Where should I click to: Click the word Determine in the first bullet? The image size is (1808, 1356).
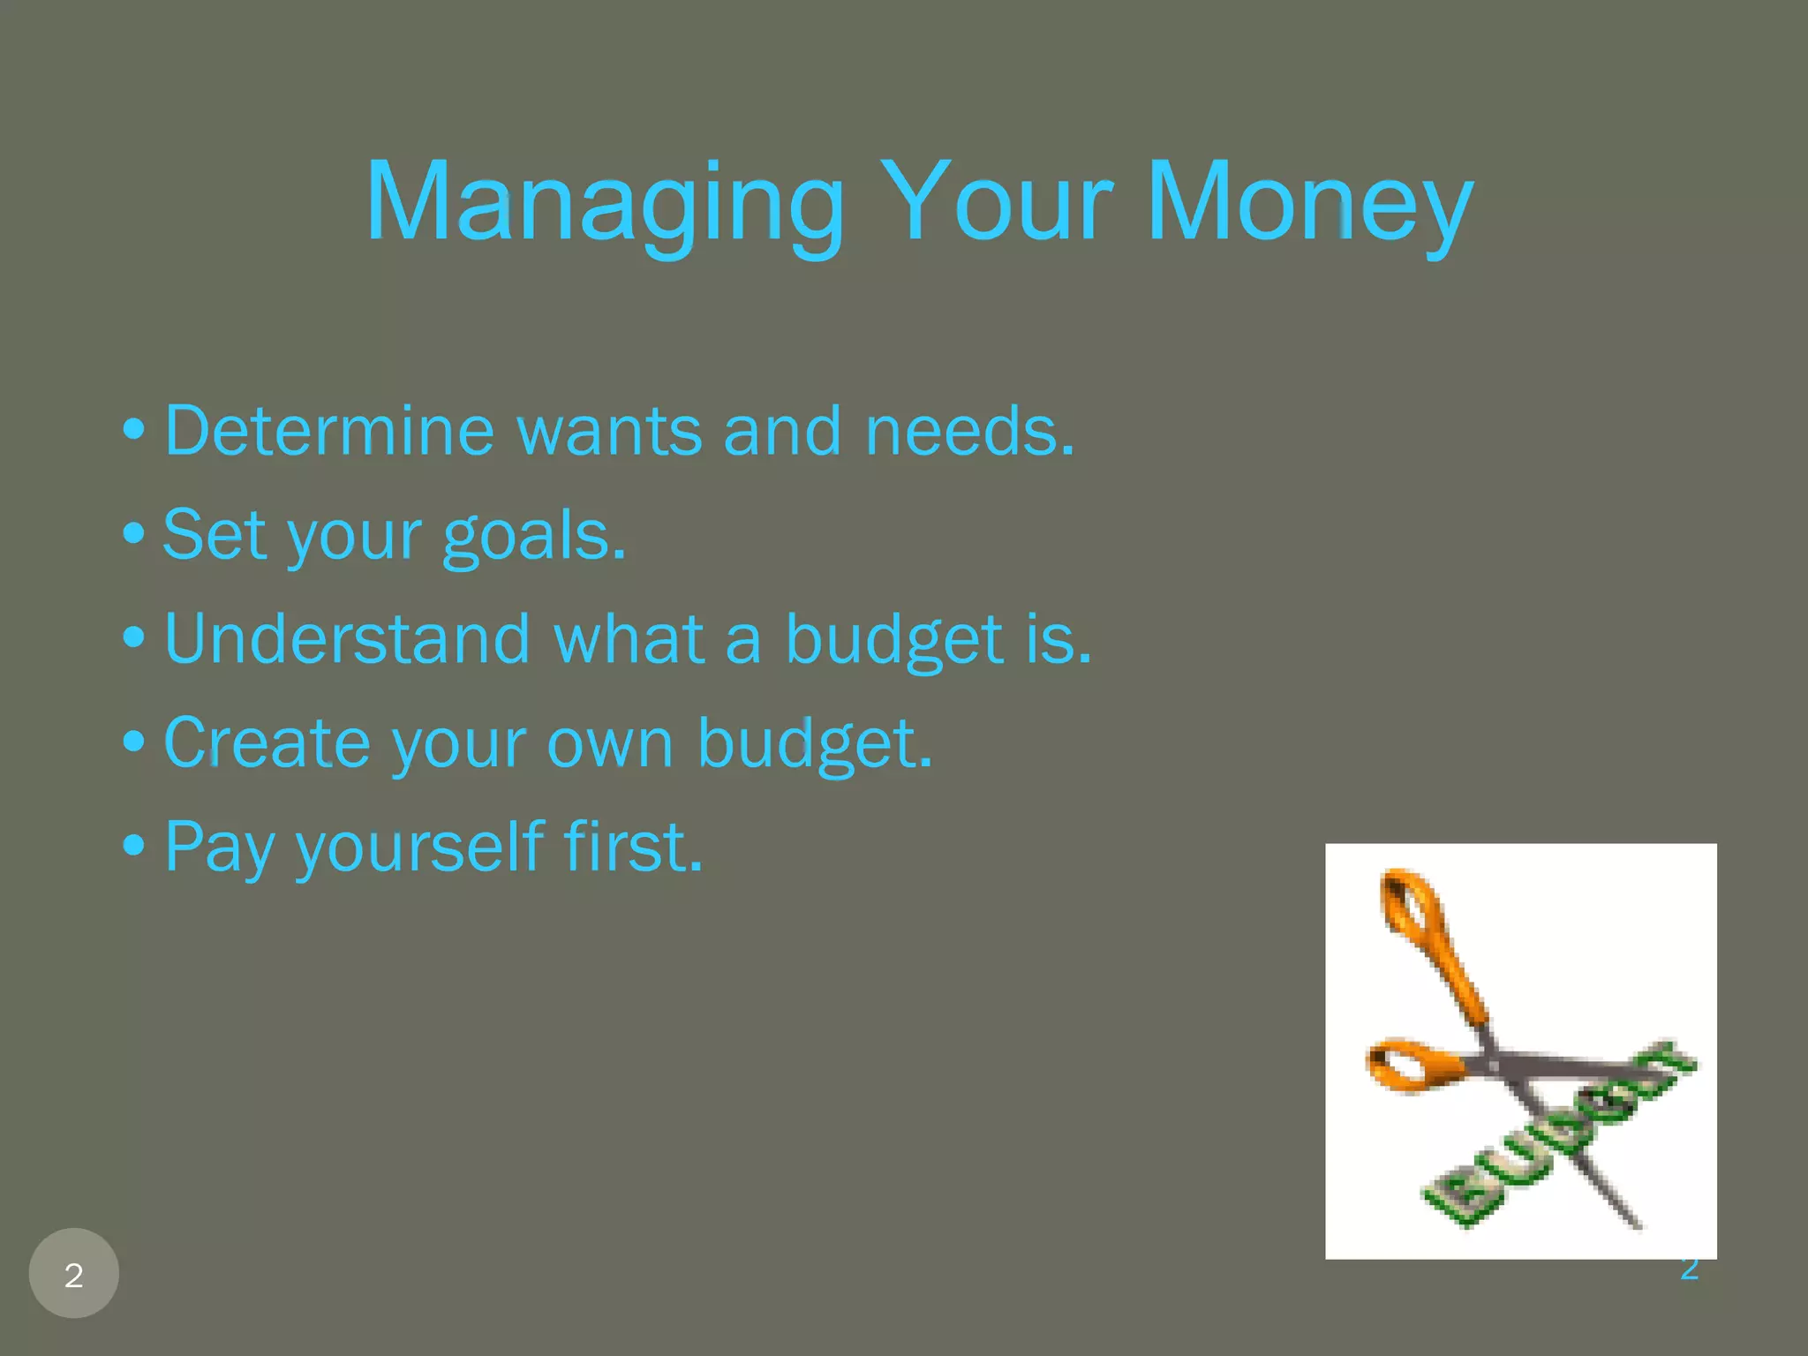328,431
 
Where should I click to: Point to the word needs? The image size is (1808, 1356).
968,431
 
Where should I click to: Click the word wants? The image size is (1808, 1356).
609,431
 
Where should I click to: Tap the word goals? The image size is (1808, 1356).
533,535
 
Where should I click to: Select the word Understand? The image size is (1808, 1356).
347,638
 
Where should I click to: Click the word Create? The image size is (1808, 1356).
267,742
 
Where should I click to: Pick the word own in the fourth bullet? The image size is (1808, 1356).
609,744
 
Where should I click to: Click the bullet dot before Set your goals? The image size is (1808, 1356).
133,533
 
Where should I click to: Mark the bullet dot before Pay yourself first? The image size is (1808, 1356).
133,845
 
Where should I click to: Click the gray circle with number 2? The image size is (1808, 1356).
74,1273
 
